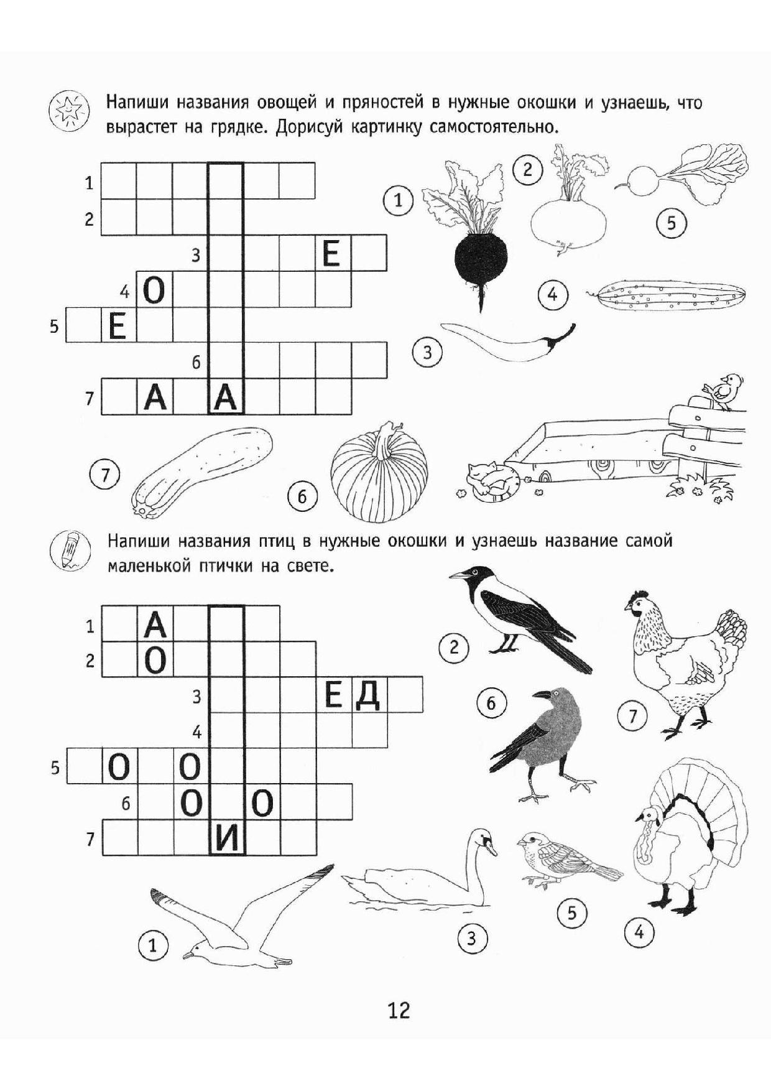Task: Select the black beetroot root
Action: pyautogui.click(x=481, y=261)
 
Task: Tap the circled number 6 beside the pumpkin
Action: pyautogui.click(x=302, y=496)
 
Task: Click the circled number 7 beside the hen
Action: pyautogui.click(x=632, y=716)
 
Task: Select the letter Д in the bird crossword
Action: pyautogui.click(x=368, y=695)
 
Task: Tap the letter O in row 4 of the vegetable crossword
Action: pyautogui.click(x=154, y=290)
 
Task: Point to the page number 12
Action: pyautogui.click(x=399, y=1010)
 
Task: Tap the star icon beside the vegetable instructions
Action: pyautogui.click(x=65, y=111)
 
